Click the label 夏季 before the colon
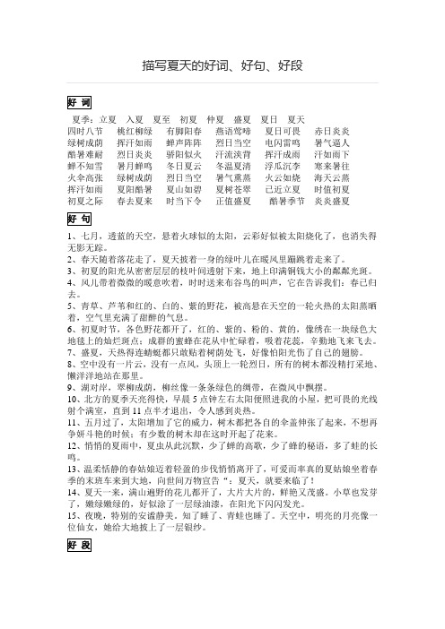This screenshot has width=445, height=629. click(x=83, y=119)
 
